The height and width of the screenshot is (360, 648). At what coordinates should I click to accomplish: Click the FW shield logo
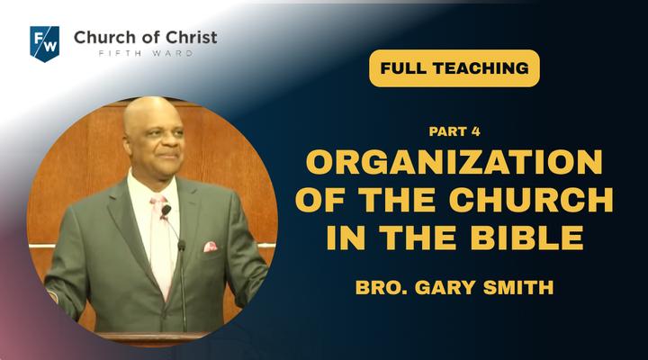tap(45, 44)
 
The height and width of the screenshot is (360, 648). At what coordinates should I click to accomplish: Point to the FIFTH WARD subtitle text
tap(146, 53)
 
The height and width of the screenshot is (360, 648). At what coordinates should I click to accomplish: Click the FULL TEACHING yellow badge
tap(454, 68)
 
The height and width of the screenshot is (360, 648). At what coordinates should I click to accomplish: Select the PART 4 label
tap(454, 131)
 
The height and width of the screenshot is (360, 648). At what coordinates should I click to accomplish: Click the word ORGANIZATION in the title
tap(454, 162)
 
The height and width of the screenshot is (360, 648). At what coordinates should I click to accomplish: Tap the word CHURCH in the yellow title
tap(531, 200)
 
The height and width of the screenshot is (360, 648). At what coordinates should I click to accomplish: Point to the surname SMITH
tap(518, 287)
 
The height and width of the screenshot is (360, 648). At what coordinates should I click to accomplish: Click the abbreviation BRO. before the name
tap(381, 287)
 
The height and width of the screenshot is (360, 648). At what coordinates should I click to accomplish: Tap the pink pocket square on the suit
tap(211, 247)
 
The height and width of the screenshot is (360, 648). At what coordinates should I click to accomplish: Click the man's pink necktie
tap(162, 244)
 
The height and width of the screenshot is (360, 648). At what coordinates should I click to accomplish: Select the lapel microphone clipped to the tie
tap(166, 211)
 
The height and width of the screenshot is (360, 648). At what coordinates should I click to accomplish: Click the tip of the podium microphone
tap(181, 245)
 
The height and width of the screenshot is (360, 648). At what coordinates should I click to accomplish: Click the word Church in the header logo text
tap(103, 38)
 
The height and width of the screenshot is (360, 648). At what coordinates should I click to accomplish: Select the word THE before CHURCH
tap(399, 200)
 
